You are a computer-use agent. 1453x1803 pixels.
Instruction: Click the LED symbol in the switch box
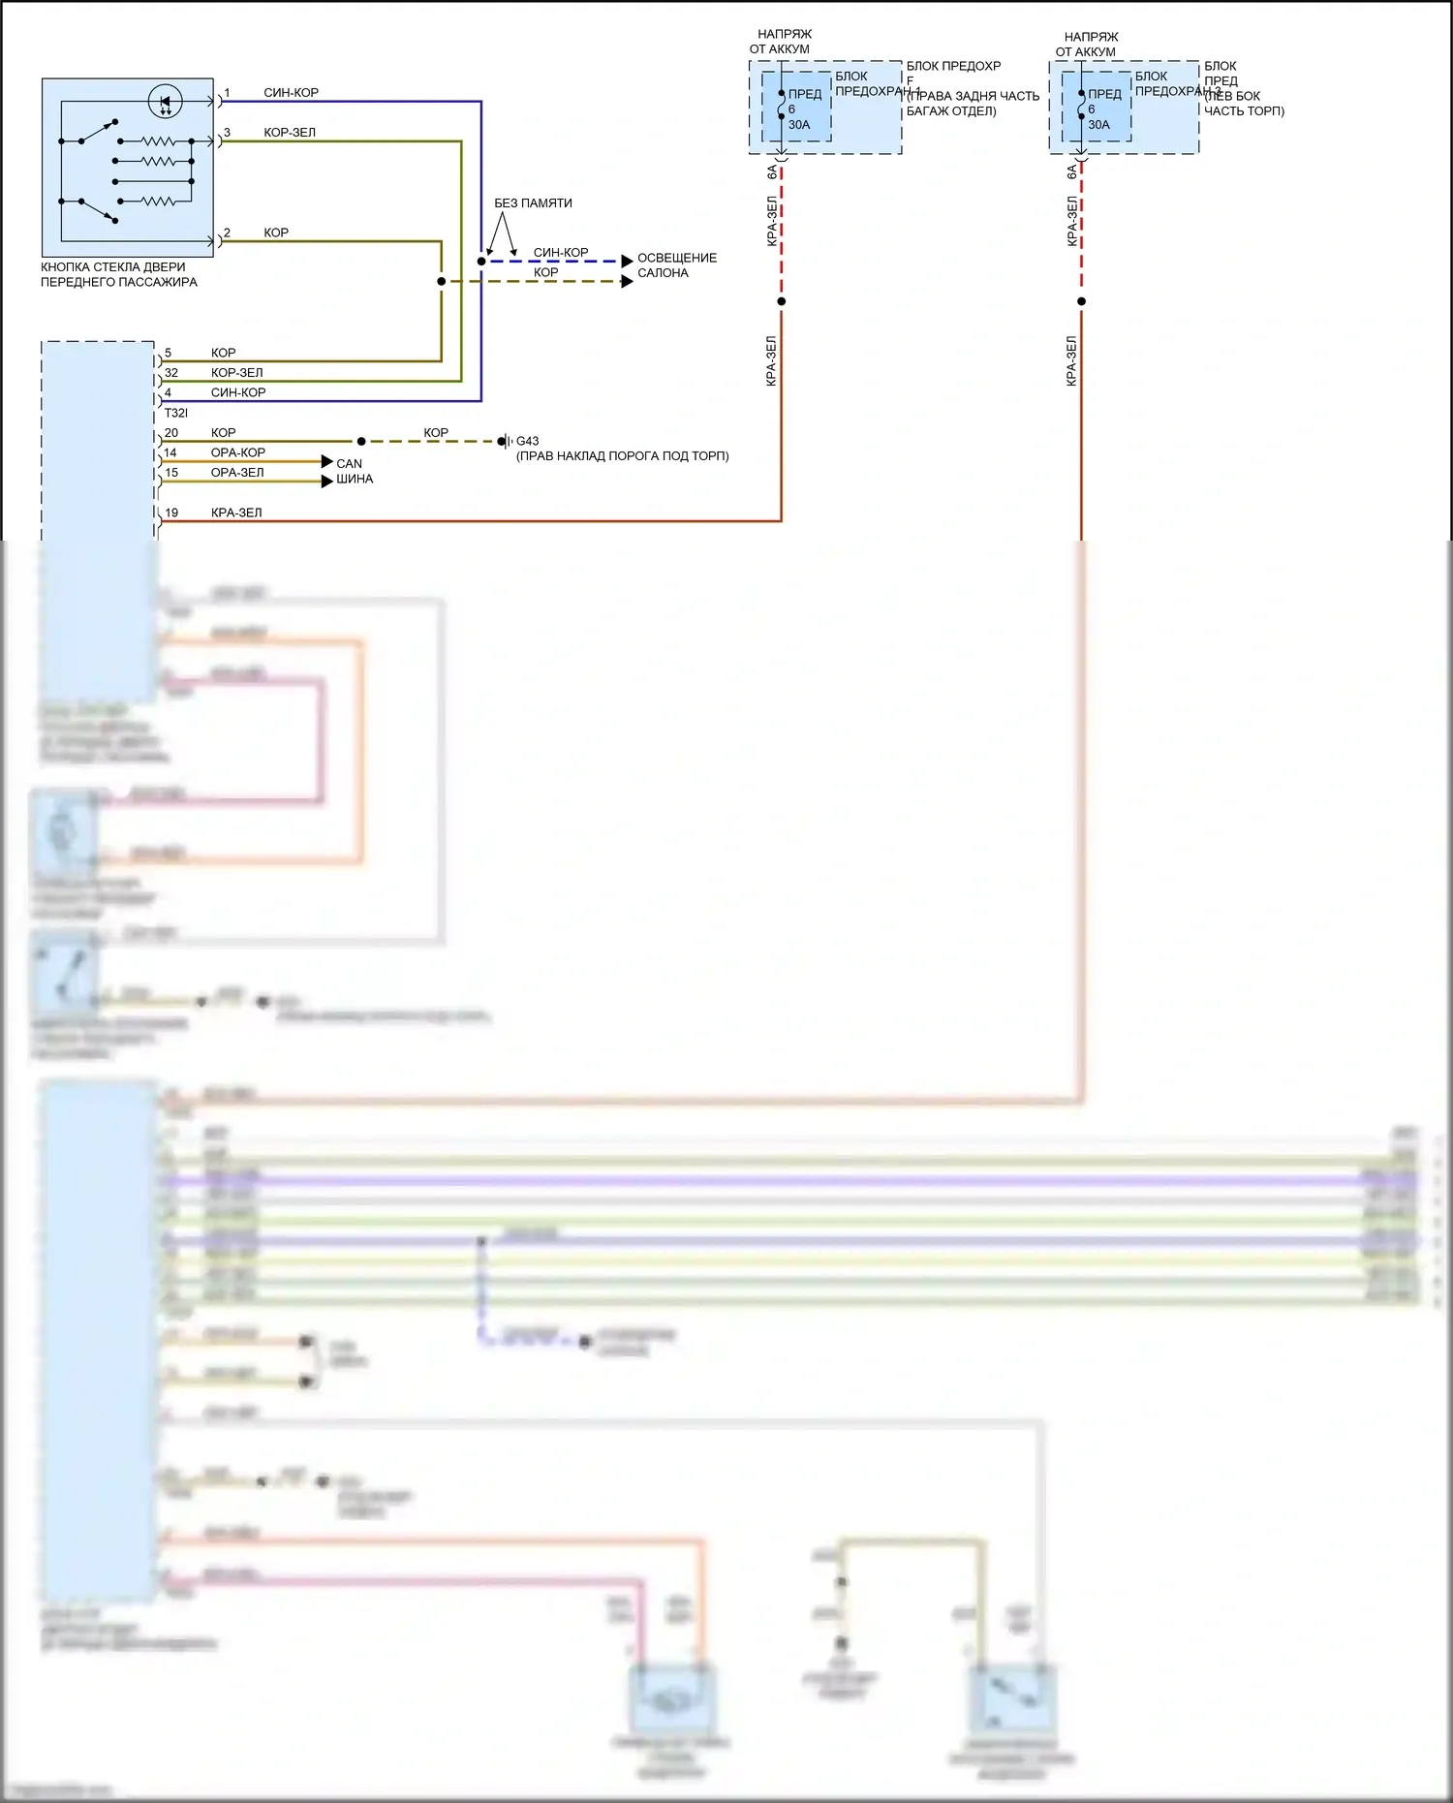coord(165,101)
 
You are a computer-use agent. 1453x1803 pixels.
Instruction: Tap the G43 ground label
coord(527,441)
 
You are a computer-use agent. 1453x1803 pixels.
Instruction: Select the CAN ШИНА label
coord(354,471)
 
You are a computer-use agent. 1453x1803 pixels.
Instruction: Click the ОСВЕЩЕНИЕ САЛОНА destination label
coord(676,265)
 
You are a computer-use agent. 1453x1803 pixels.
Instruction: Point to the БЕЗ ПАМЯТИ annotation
coord(533,203)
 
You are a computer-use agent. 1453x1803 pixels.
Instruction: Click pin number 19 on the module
coord(171,513)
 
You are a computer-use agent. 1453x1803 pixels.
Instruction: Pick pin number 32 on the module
coord(171,373)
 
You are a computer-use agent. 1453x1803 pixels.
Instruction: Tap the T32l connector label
coord(175,413)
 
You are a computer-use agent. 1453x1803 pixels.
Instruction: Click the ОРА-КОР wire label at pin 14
coord(238,452)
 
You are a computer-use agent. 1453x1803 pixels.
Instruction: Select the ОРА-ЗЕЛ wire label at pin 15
coord(237,473)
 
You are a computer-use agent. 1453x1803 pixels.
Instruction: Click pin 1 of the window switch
coord(227,93)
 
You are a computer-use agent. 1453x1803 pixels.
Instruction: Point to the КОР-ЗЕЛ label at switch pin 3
coord(290,133)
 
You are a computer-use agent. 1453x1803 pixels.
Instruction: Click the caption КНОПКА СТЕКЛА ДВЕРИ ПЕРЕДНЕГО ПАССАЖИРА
coord(118,274)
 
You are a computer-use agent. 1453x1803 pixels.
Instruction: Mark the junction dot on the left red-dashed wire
coord(782,301)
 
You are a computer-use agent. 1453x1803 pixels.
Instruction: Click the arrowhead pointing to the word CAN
coord(327,461)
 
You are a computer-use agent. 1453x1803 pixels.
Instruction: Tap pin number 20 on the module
coord(171,433)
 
